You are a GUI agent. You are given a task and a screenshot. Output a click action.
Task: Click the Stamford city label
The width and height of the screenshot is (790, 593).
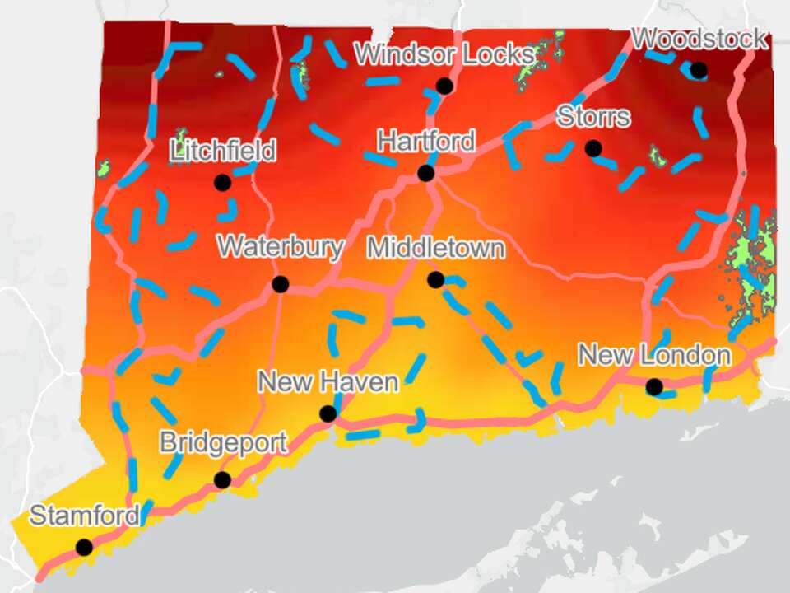84,516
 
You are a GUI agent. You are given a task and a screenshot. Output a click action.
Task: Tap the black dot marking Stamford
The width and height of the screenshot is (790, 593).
84,547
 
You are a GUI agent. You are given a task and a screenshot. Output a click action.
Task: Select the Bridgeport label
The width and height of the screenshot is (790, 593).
223,442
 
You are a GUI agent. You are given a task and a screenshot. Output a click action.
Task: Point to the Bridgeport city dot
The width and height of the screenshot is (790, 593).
222,479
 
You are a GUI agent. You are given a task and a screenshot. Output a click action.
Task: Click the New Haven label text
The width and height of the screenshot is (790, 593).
328,382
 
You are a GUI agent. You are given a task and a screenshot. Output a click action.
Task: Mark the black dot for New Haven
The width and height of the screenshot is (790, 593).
328,413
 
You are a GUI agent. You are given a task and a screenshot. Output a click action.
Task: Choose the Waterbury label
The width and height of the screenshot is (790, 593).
280,247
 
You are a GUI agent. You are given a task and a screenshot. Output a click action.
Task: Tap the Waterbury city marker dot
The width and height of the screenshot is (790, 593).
280,284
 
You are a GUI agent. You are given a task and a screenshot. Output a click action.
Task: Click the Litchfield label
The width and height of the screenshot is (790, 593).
222,151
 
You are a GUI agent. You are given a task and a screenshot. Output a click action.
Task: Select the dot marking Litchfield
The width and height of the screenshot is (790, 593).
222,182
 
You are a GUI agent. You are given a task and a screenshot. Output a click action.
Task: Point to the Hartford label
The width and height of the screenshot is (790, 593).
425,141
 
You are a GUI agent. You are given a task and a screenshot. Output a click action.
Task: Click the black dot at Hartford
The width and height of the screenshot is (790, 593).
425,173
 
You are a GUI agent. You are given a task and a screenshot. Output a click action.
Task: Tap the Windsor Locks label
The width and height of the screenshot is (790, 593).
444,54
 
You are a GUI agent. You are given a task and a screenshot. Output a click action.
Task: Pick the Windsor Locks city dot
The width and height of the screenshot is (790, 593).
444,85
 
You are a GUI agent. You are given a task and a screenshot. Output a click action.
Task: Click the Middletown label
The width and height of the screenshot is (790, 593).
435,248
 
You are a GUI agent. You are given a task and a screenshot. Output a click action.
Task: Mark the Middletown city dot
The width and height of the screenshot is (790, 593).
435,280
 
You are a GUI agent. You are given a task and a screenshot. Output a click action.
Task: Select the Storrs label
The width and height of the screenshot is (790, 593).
593,116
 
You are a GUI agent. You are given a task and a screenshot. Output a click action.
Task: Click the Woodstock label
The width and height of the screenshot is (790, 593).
699,39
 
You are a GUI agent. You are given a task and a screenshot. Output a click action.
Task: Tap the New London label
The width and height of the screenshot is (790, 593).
654,356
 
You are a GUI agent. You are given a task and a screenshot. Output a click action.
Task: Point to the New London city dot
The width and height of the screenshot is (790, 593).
654,386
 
